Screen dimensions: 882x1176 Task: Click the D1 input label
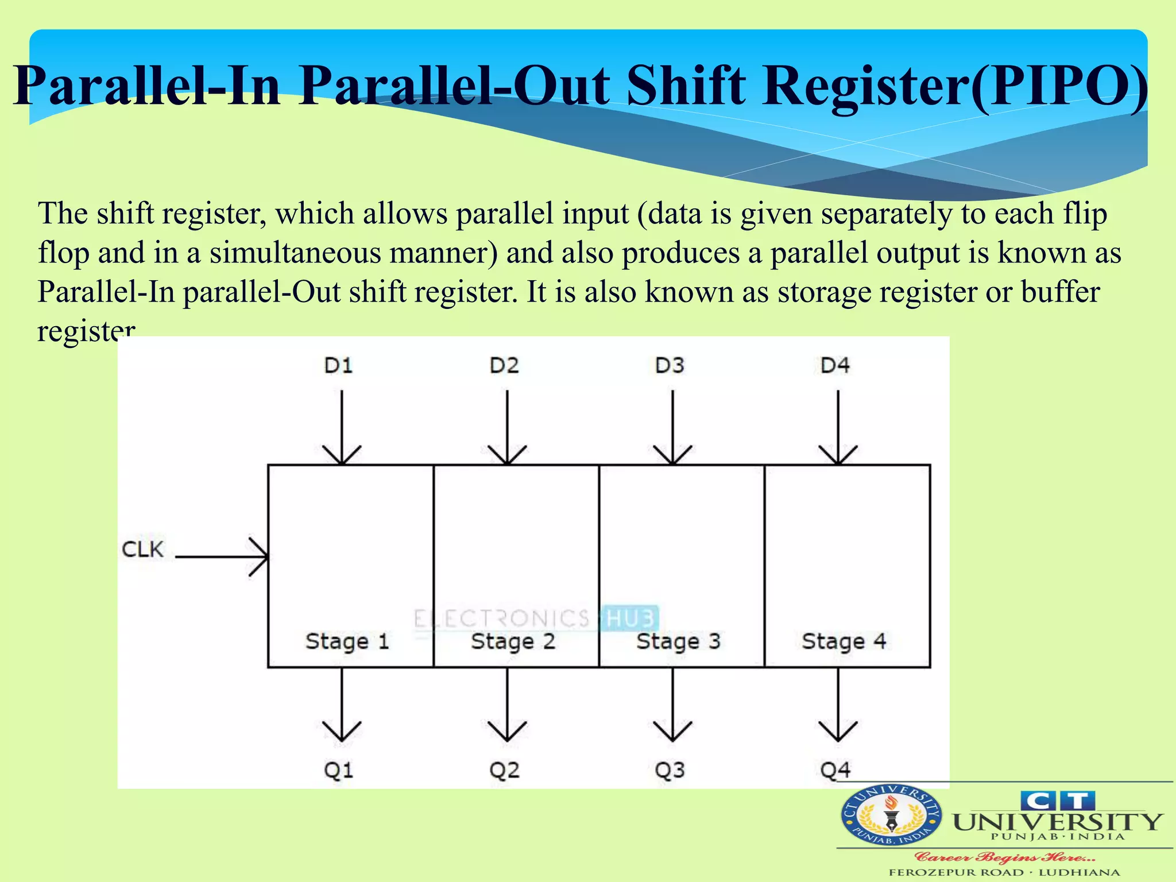[x=338, y=365]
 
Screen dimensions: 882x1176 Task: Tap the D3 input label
[x=670, y=365]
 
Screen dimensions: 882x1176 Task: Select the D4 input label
[x=835, y=365]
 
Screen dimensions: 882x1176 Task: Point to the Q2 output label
[x=504, y=770]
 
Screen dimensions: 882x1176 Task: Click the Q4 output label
[x=835, y=770]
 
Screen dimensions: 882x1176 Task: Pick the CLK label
[x=143, y=549]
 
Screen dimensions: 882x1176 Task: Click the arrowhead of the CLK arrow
[x=262, y=556]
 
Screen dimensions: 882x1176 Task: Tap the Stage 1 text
[x=347, y=641]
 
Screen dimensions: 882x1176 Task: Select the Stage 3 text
[x=678, y=641]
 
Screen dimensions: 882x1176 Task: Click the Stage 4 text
[x=844, y=641]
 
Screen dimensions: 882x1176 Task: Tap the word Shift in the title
[x=687, y=86]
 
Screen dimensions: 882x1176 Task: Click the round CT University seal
[x=891, y=816]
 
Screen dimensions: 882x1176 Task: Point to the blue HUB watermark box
[x=630, y=618]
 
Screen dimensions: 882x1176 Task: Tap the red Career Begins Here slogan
[x=1005, y=858]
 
